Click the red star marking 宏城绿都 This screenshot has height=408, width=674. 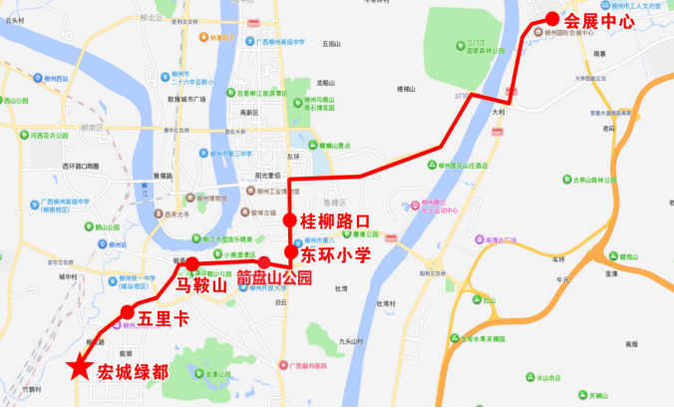click(77, 368)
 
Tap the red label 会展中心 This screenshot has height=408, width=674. click(600, 18)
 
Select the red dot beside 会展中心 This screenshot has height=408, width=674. click(550, 18)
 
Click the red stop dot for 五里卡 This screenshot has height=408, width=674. click(127, 313)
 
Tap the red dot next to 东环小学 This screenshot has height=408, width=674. click(291, 253)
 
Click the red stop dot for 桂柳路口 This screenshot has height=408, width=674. click(289, 220)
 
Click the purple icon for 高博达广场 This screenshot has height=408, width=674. click(478, 240)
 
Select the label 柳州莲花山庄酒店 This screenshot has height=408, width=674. click(462, 166)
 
